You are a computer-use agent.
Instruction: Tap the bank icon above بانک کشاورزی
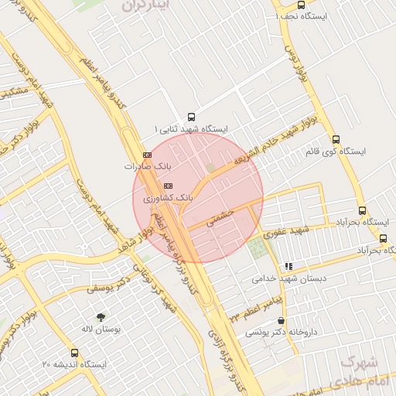[168, 186]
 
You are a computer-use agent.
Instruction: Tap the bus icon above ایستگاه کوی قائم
[334, 139]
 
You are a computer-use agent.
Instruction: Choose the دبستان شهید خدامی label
[285, 278]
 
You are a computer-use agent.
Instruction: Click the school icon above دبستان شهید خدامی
[288, 266]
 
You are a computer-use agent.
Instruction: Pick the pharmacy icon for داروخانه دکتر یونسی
[280, 321]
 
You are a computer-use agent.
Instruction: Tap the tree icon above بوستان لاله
[101, 317]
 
